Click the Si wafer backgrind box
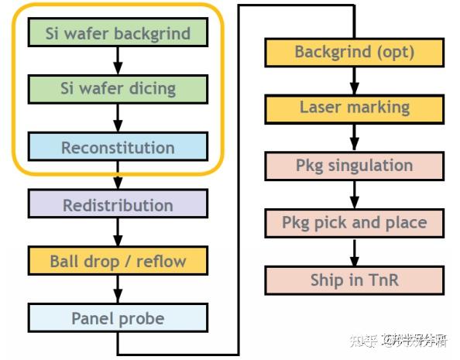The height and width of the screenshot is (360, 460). coord(118,33)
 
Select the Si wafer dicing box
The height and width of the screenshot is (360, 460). coord(118,89)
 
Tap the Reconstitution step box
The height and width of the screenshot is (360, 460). coord(118,147)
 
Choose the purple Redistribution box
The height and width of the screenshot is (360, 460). coord(118,204)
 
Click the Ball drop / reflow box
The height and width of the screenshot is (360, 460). coord(118,261)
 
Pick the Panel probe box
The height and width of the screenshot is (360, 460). coord(118,317)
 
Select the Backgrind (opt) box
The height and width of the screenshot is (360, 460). coord(355,52)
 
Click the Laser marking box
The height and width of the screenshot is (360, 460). coord(355,108)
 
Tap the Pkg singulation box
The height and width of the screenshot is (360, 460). coord(355,165)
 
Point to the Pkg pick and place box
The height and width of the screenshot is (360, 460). coord(355,223)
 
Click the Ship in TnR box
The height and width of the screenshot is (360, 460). coord(355,279)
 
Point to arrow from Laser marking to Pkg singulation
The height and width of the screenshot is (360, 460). coord(355,136)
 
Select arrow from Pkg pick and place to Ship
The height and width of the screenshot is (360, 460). coord(355,252)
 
